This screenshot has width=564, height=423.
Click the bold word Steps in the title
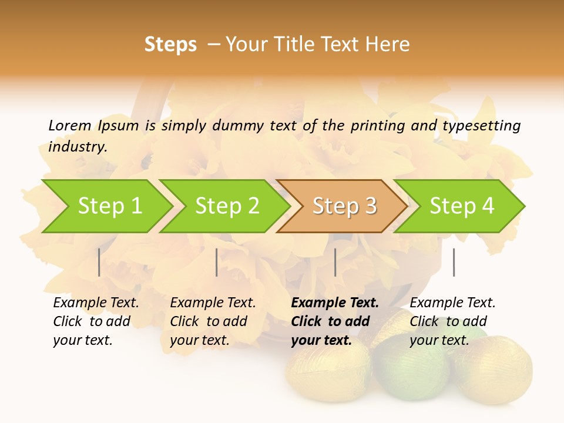click(170, 45)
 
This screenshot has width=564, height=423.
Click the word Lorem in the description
click(70, 125)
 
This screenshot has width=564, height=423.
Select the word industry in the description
click(78, 146)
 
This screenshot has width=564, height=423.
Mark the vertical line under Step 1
click(99, 262)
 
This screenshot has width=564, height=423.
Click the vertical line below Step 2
click(217, 262)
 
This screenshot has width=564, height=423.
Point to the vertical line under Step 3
click(335, 262)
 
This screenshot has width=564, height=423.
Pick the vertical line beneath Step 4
click(454, 262)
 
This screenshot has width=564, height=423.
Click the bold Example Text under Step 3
click(335, 303)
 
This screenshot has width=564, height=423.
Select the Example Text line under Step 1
click(96, 303)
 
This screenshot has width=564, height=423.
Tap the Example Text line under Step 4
click(452, 303)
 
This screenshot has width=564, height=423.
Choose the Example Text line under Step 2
click(213, 303)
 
